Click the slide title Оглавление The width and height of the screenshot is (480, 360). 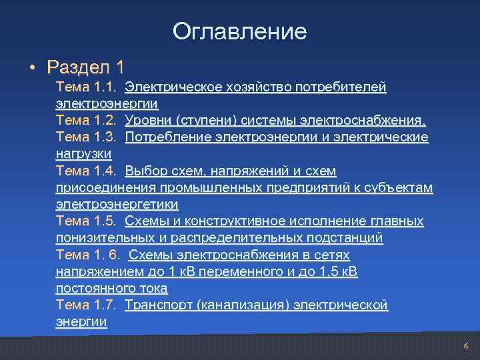239,31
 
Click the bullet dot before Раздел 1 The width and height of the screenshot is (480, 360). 31,67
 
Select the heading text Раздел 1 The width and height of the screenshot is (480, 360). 85,67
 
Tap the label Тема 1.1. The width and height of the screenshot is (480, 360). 87,87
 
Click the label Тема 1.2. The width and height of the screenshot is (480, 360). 87,121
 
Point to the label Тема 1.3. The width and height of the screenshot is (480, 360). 87,137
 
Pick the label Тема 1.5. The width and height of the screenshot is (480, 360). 87,221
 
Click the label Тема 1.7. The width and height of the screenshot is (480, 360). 87,305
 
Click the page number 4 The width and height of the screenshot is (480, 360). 466,346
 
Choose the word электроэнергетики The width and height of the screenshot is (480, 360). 117,204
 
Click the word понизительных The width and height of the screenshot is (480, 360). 104,238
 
